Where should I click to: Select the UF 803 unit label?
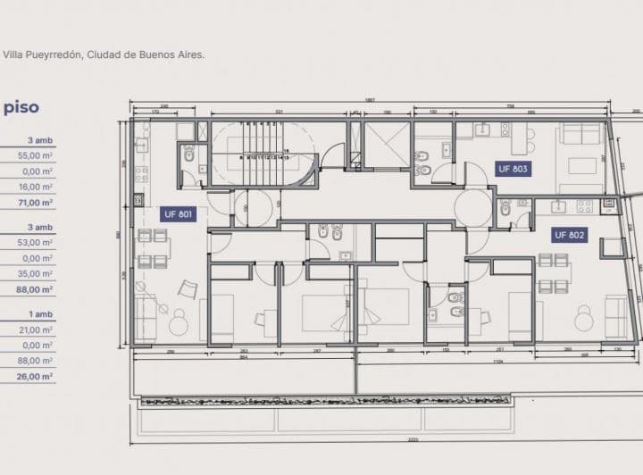(x=513, y=169)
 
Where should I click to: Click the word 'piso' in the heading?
(x=21, y=107)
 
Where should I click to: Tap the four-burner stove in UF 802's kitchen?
(x=584, y=206)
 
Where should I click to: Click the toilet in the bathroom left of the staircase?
(x=189, y=155)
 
